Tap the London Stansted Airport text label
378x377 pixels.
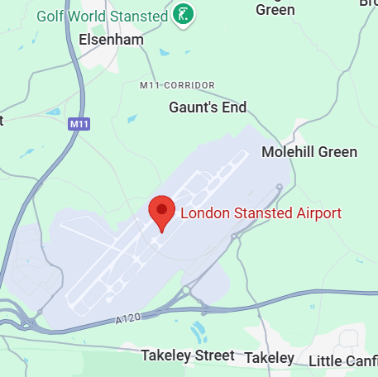click(x=261, y=213)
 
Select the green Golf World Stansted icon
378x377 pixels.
click(x=186, y=14)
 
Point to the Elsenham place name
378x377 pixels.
click(x=111, y=40)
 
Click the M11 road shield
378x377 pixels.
click(x=79, y=124)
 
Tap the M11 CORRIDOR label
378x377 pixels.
click(x=177, y=85)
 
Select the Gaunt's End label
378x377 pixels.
click(x=208, y=107)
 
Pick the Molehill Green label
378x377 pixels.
click(x=309, y=152)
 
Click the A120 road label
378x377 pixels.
click(x=129, y=318)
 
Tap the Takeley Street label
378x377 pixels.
click(x=188, y=356)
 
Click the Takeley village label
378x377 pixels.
click(x=270, y=358)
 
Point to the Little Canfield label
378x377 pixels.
click(x=342, y=360)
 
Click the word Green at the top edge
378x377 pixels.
click(x=275, y=10)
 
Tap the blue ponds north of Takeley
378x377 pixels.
click(x=199, y=332)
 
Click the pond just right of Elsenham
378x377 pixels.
click(x=163, y=53)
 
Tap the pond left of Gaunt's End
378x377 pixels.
click(x=132, y=119)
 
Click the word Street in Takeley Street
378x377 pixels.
click(x=213, y=356)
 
